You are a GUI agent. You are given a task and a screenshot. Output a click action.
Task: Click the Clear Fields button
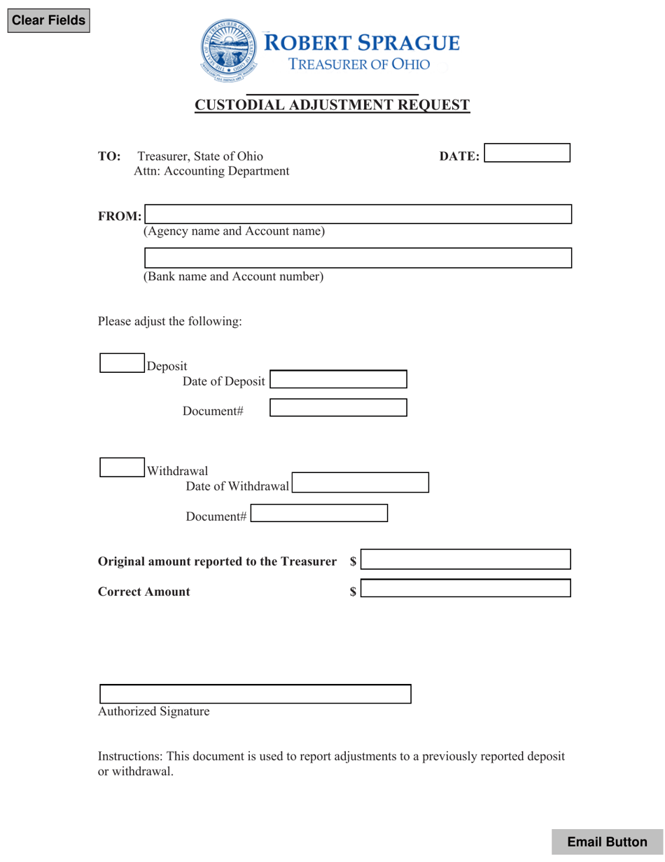click(x=48, y=20)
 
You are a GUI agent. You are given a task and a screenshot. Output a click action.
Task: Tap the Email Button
click(x=607, y=842)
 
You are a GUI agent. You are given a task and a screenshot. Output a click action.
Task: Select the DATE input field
click(x=527, y=153)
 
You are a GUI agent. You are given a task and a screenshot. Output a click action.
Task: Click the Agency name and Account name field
click(x=358, y=214)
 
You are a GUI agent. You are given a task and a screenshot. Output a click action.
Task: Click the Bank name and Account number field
click(x=358, y=258)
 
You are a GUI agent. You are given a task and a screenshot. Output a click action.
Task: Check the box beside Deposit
click(x=122, y=362)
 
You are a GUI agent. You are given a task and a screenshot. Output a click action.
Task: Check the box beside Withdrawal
click(x=122, y=467)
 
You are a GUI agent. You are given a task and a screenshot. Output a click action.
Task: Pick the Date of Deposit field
click(x=338, y=379)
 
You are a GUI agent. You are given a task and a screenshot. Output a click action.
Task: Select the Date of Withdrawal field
click(x=360, y=483)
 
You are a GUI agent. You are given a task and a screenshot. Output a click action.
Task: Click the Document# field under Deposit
click(x=338, y=408)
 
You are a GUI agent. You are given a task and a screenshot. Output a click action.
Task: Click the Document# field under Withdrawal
click(x=319, y=514)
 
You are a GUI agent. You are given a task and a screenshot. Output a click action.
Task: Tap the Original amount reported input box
click(x=465, y=559)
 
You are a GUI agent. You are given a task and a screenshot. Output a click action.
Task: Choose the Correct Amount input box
click(x=465, y=588)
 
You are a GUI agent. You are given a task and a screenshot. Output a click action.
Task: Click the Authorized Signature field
click(x=255, y=695)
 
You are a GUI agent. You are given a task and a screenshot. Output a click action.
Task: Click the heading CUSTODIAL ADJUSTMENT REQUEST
click(x=332, y=105)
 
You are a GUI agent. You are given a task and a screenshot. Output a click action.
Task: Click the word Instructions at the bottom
click(x=129, y=757)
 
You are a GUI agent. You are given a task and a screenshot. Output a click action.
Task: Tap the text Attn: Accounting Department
click(x=211, y=171)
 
